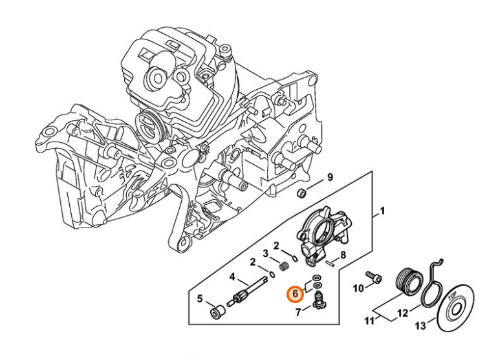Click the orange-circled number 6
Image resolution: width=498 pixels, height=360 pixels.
(295, 294)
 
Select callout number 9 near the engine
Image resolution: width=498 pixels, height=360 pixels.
(329, 177)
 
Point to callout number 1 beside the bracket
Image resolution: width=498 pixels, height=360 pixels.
(382, 211)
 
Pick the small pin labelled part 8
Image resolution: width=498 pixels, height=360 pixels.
(330, 262)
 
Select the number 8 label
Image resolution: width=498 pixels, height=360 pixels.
(343, 255)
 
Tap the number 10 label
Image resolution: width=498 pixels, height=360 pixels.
(358, 288)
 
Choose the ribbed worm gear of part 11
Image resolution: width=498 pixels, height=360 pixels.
(407, 282)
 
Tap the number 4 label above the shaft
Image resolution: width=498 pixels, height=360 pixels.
(232, 277)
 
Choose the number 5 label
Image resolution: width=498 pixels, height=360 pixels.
(200, 299)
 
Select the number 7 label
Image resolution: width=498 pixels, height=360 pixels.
(298, 313)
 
